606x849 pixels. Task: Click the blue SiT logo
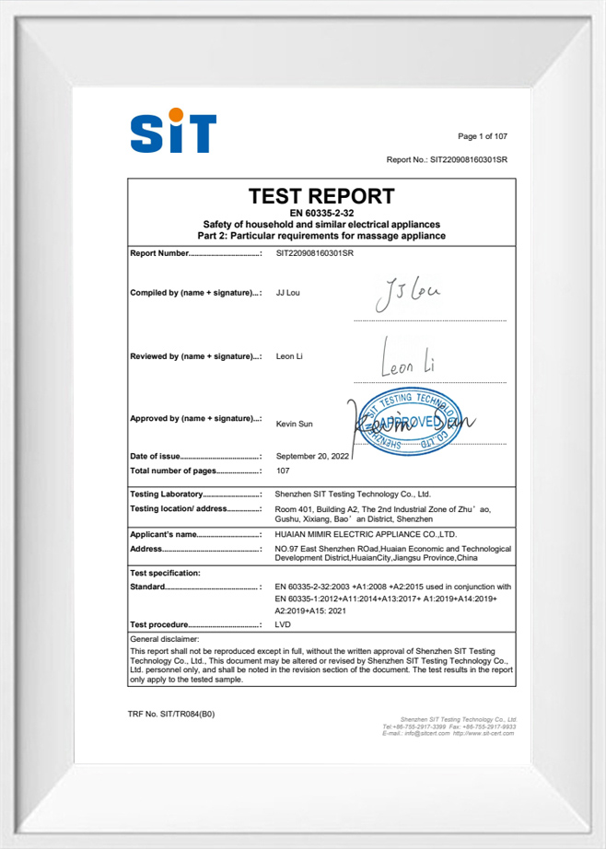pos(173,133)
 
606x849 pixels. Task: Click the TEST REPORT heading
pos(321,196)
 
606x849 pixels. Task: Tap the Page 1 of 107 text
pos(483,136)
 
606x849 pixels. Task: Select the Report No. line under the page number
pos(447,159)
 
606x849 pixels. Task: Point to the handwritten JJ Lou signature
pos(409,295)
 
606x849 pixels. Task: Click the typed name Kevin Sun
pos(296,425)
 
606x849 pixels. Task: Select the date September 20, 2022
pos(312,456)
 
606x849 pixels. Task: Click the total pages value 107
pos(283,471)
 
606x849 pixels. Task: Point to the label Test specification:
pos(166,573)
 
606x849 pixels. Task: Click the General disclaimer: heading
pos(165,638)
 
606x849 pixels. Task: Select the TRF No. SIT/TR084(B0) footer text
pos(170,714)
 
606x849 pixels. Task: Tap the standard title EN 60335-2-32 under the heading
pos(321,214)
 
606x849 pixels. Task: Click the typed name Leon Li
pos(291,356)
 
